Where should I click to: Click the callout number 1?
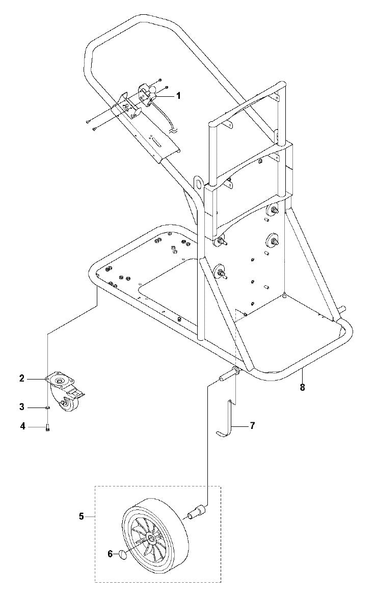pyautogui.click(x=178, y=95)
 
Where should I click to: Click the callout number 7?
pyautogui.click(x=252, y=425)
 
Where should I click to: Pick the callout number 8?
pyautogui.click(x=302, y=387)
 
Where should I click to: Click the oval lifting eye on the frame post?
pyautogui.click(x=199, y=182)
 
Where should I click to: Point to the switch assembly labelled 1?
pyautogui.click(x=149, y=94)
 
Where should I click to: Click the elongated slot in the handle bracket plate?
pyautogui.click(x=160, y=141)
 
